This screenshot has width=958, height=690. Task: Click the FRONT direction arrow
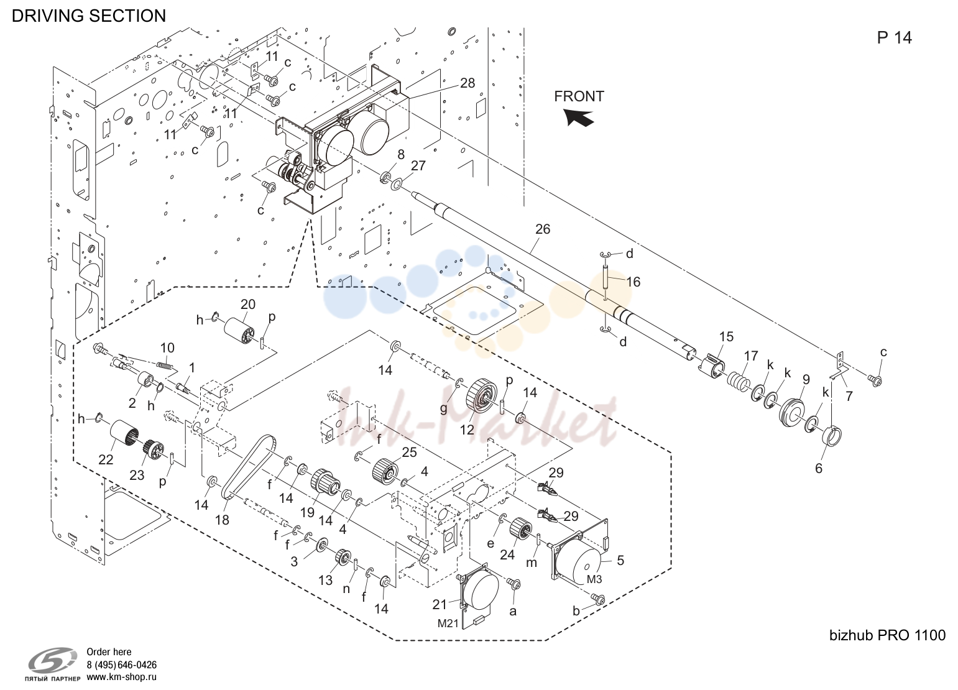[x=578, y=117]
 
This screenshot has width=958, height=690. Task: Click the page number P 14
[x=894, y=38]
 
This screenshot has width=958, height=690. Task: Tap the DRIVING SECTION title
[x=89, y=16]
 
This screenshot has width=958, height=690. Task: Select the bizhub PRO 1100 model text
[x=887, y=635]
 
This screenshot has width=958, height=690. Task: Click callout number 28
[x=467, y=83]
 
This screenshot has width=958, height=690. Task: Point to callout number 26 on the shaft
[x=543, y=229]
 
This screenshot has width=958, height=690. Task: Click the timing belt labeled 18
[x=248, y=466]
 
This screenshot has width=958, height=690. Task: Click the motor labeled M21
[x=478, y=596]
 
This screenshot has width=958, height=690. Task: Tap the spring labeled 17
[x=739, y=379]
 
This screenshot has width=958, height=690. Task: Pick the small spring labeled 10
[x=167, y=365]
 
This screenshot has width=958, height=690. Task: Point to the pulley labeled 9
[x=793, y=415]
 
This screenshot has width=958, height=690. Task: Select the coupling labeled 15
[x=712, y=365]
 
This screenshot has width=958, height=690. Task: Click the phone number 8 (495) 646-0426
[x=121, y=665]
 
